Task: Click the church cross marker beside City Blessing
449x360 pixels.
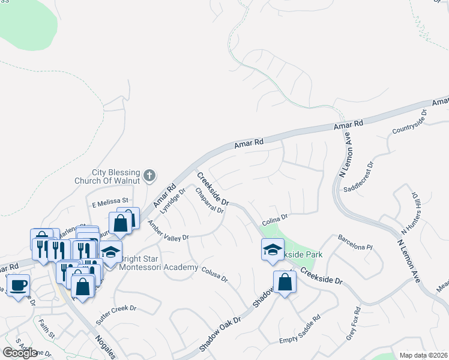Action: point(149,176)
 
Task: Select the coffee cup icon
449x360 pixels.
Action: point(18,285)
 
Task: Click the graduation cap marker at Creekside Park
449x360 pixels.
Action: point(273,249)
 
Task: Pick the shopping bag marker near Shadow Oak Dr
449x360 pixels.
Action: point(285,283)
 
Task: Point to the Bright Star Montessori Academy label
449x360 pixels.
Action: point(159,263)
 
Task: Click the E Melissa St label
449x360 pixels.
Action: point(110,201)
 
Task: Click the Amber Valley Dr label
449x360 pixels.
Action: point(169,230)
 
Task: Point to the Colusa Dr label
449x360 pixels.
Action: point(214,274)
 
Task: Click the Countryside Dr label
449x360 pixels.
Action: point(409,122)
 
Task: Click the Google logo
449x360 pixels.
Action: point(20,353)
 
